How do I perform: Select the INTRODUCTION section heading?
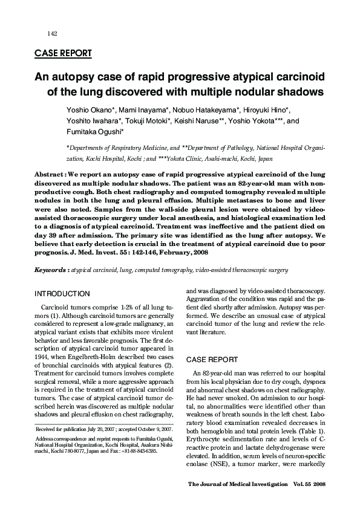(62, 294)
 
